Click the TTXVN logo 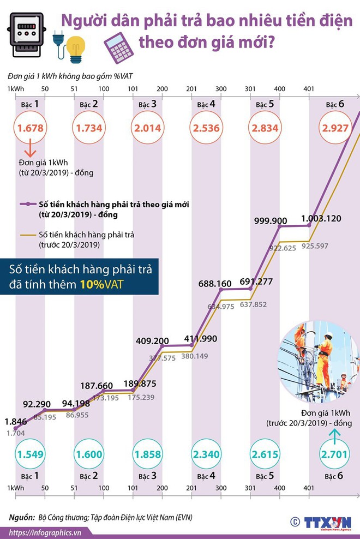pyautogui.click(x=327, y=521)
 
